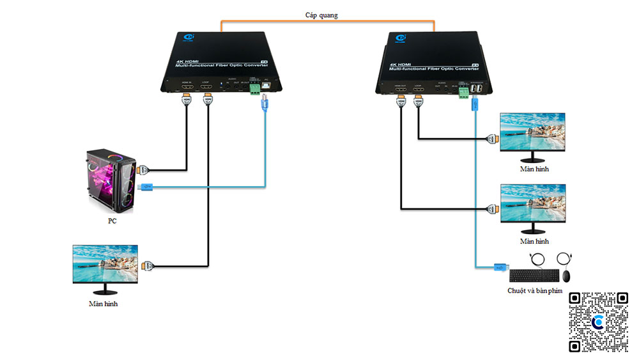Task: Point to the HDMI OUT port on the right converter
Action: [401, 90]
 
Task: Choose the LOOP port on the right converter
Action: [419, 90]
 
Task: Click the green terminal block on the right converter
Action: [461, 91]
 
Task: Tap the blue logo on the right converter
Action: [401, 40]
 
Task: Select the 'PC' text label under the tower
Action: [112, 221]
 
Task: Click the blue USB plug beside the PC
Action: [146, 187]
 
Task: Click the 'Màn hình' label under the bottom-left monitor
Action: [103, 304]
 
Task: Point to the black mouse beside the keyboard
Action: [566, 276]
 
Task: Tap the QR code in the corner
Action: [598, 322]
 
